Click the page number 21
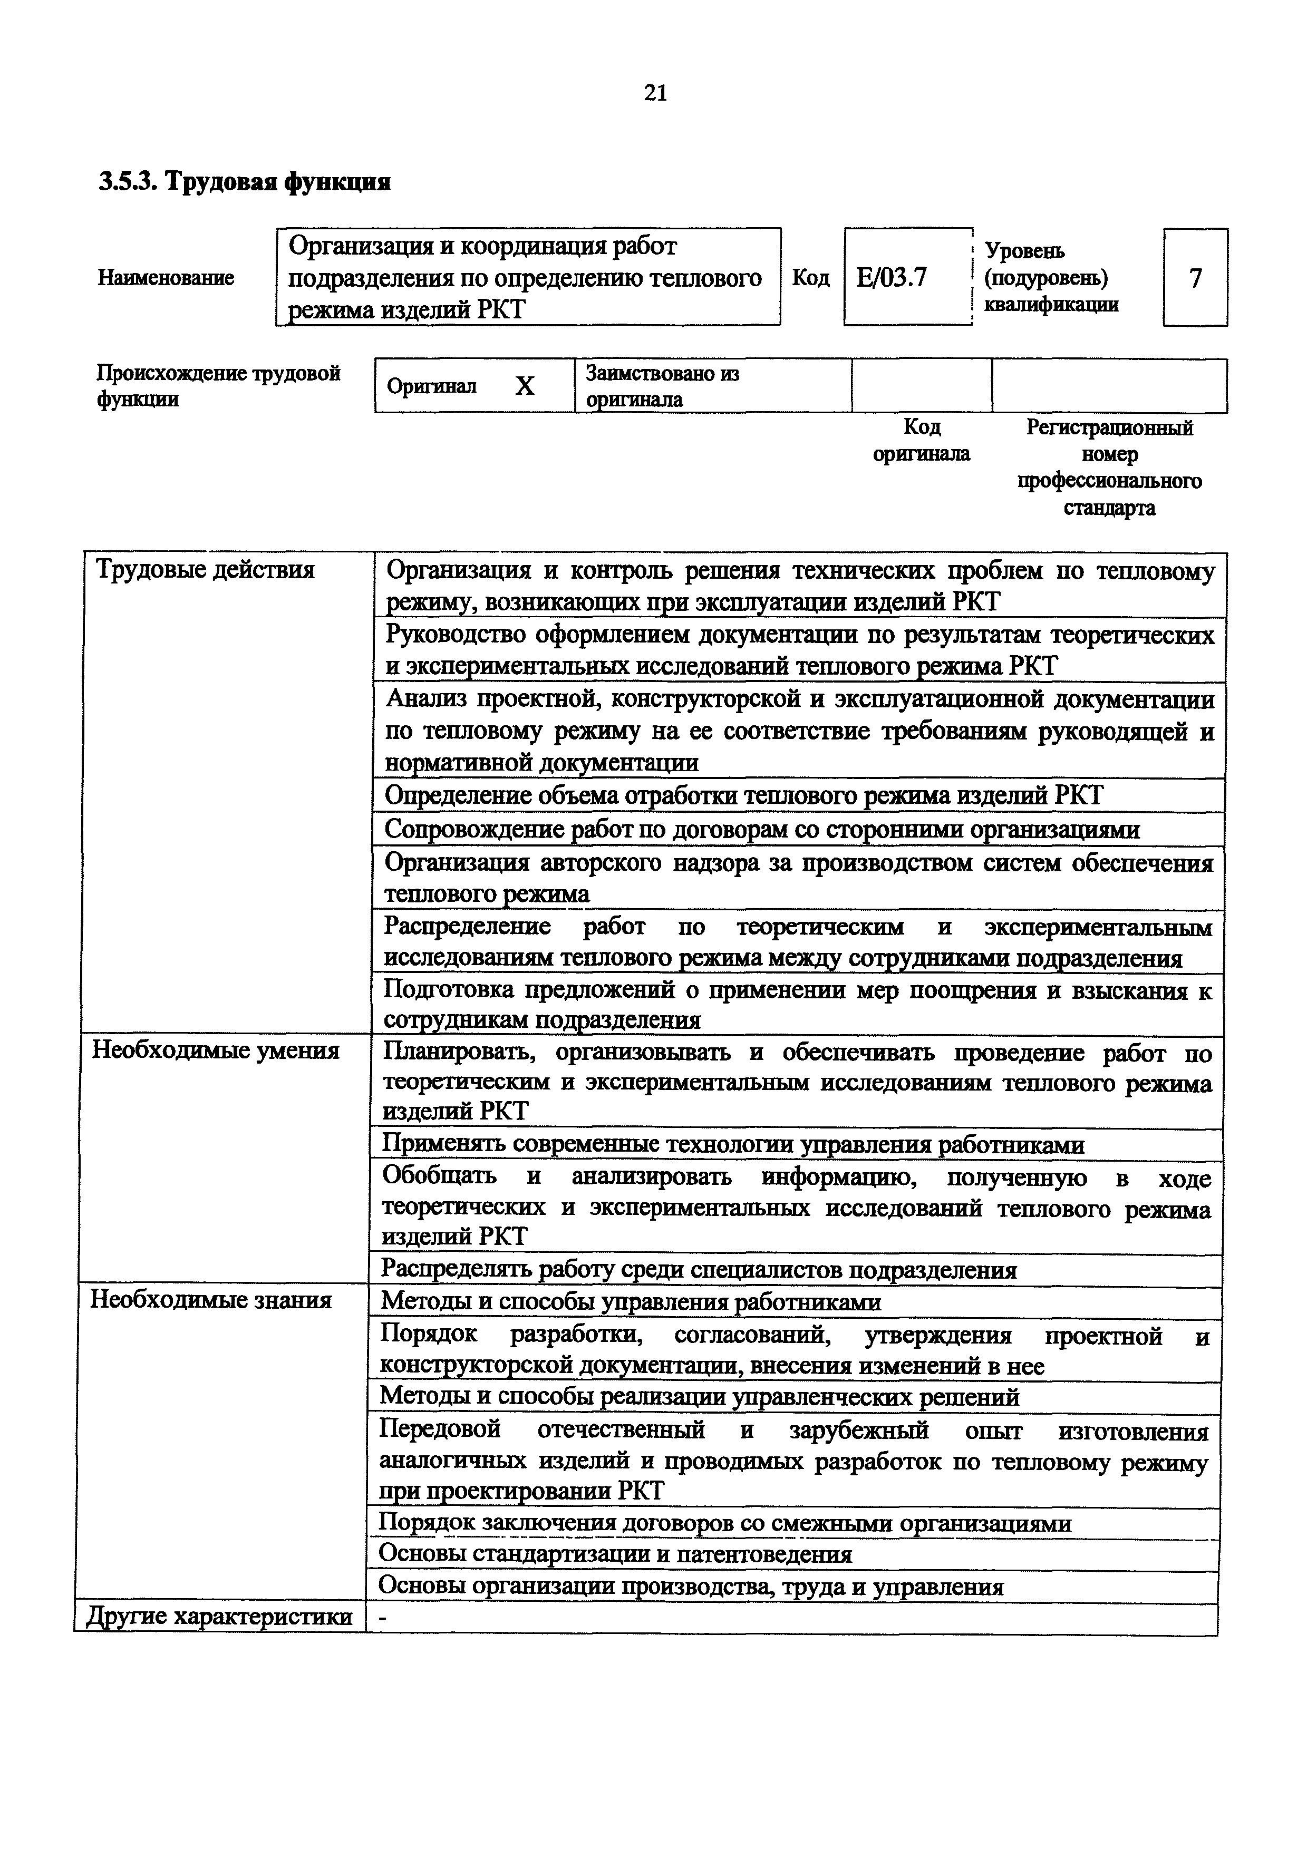[655, 94]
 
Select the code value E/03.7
[892, 278]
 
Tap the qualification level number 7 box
[1195, 278]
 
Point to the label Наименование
[166, 278]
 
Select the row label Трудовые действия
[205, 570]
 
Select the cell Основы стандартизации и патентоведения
[615, 1553]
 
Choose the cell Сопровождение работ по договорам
[761, 830]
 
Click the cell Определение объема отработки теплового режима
[742, 796]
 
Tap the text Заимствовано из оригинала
[662, 386]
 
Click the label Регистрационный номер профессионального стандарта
[1109, 467]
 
